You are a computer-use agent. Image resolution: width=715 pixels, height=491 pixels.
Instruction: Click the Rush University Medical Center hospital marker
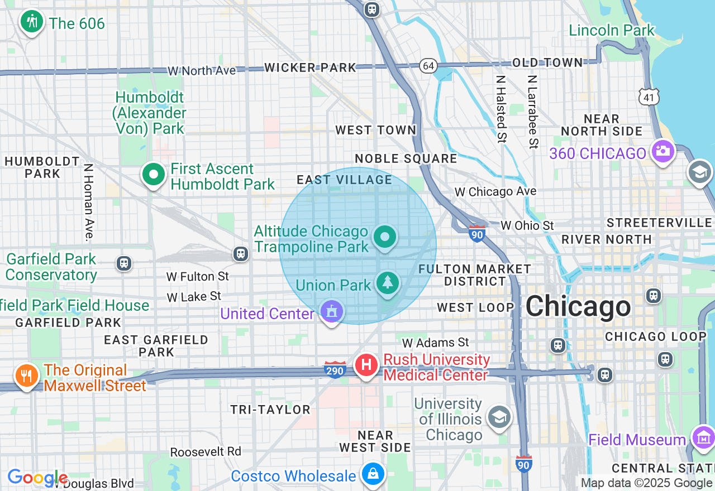(x=366, y=366)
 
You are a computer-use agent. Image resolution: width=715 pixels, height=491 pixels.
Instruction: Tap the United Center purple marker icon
(x=332, y=311)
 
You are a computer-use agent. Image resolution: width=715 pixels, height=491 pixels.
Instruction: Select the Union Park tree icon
(x=387, y=283)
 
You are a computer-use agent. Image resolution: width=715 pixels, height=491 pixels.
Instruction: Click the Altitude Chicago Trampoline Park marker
(x=384, y=237)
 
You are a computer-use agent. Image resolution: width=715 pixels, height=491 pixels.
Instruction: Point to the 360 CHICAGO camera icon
(x=662, y=151)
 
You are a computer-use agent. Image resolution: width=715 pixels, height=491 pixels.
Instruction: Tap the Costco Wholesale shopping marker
(x=372, y=474)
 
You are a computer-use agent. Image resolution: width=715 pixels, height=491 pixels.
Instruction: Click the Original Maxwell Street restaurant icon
(x=26, y=375)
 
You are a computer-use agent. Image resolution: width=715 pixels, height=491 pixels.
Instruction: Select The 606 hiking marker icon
(x=32, y=22)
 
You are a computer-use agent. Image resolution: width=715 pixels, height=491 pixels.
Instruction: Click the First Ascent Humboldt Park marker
(x=153, y=175)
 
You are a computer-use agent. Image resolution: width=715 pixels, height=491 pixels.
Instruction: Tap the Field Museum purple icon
(x=702, y=437)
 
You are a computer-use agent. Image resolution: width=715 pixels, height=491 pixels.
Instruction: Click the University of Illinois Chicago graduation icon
(x=499, y=417)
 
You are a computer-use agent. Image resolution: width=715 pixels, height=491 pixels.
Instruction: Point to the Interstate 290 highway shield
(x=334, y=369)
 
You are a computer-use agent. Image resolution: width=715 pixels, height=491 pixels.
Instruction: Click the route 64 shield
(x=428, y=65)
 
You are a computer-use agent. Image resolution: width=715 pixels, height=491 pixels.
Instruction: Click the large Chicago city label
(x=578, y=306)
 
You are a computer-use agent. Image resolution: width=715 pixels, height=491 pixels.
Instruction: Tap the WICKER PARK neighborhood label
(x=310, y=68)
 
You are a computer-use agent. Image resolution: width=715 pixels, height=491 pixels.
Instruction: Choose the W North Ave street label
(x=202, y=71)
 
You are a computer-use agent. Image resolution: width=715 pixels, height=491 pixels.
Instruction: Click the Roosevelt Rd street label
(x=206, y=451)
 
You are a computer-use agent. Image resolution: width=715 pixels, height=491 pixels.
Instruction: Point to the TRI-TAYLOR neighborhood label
(x=270, y=410)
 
